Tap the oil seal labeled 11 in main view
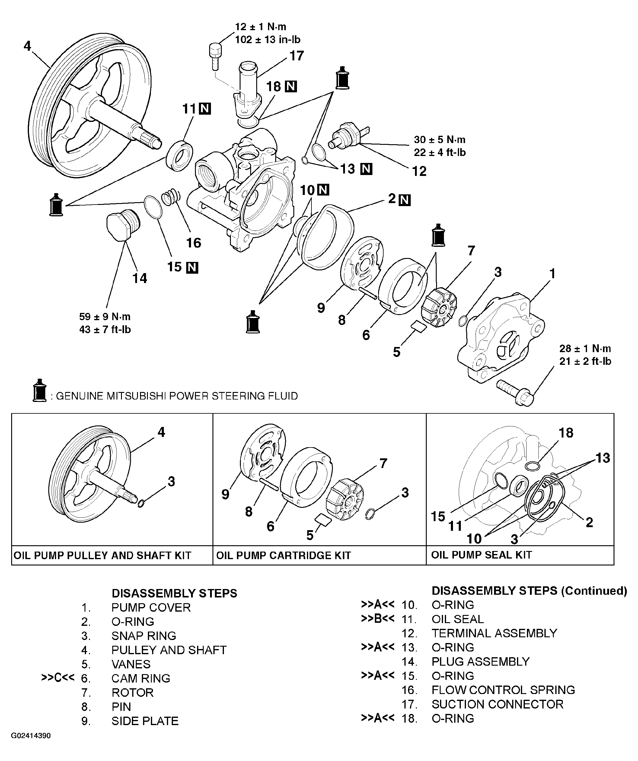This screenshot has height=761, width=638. (x=180, y=156)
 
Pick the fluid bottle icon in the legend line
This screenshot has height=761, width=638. (x=39, y=391)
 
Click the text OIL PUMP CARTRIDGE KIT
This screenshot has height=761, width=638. (x=283, y=556)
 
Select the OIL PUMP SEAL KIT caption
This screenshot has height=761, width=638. (x=481, y=555)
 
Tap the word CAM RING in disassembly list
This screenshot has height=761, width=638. (x=141, y=678)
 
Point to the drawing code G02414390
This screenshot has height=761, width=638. (x=31, y=736)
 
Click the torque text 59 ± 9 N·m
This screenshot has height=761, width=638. (x=105, y=317)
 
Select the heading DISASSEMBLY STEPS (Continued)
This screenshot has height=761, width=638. (x=529, y=591)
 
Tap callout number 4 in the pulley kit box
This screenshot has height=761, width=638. (x=161, y=432)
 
